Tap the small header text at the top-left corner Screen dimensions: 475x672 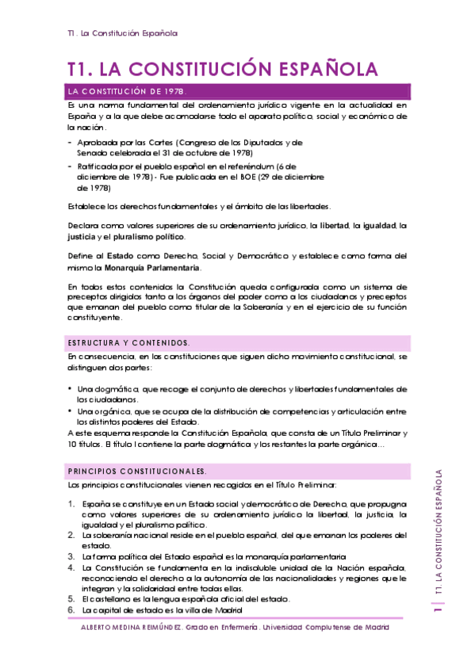point(122,33)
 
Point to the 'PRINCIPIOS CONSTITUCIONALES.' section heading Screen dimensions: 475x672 point(138,471)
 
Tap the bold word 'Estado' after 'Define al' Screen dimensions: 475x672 point(121,256)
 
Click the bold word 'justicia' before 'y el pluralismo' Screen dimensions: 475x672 point(83,237)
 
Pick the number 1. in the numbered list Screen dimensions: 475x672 point(71,504)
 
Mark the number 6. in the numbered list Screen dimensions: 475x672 point(71,610)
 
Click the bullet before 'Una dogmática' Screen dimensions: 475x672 point(71,389)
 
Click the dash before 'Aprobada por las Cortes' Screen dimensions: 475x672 point(70,143)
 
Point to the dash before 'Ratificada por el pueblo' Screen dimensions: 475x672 point(70,167)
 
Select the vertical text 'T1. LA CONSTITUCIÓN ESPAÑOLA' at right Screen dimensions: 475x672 point(438,533)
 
